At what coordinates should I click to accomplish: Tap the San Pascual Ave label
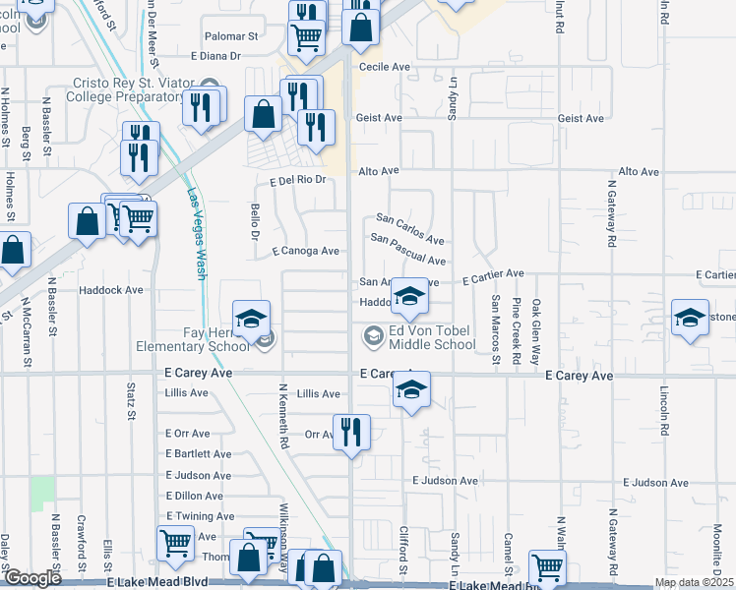tap(408, 248)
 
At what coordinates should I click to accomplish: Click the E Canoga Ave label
tap(306, 251)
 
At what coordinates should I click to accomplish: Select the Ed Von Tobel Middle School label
tap(431, 337)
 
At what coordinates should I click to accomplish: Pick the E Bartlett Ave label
tap(199, 453)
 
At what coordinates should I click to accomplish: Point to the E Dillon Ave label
tap(195, 497)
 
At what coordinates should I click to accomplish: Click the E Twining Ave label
tap(201, 516)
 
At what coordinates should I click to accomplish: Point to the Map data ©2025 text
tap(694, 582)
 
